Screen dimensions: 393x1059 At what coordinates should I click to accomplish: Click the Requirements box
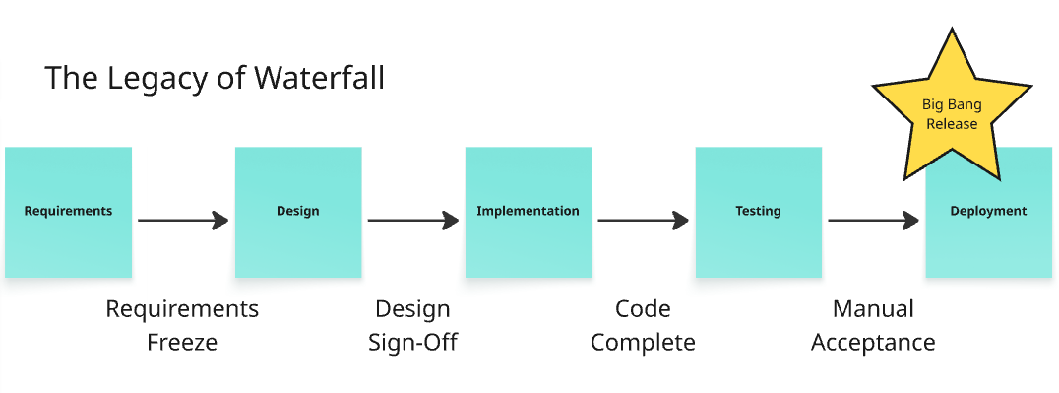[x=68, y=212]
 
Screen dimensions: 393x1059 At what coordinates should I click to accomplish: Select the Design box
[x=297, y=212]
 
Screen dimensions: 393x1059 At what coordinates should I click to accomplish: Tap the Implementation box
[x=528, y=212]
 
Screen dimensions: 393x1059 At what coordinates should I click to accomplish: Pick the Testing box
[x=758, y=212]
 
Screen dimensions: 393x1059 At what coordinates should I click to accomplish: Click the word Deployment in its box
[x=987, y=211]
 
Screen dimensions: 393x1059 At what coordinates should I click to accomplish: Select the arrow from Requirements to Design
[x=183, y=221]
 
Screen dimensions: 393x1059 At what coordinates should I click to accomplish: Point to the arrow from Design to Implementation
[x=413, y=221]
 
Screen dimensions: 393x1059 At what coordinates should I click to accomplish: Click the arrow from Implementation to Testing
[x=643, y=221]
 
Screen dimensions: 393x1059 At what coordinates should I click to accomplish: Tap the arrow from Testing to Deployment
[x=873, y=221]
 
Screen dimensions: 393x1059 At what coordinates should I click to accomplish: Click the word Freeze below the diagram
[x=182, y=343]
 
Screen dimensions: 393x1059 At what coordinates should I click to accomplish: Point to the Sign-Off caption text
[x=412, y=343]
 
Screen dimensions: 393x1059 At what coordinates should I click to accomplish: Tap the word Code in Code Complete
[x=643, y=309]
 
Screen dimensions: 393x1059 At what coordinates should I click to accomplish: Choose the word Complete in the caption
[x=643, y=343]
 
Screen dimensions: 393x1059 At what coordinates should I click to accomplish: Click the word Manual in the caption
[x=873, y=309]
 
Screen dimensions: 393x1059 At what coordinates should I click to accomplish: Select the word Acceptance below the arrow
[x=873, y=343]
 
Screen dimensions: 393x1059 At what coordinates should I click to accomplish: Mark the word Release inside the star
[x=952, y=124]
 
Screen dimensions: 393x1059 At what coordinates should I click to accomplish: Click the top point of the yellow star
[x=952, y=33]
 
